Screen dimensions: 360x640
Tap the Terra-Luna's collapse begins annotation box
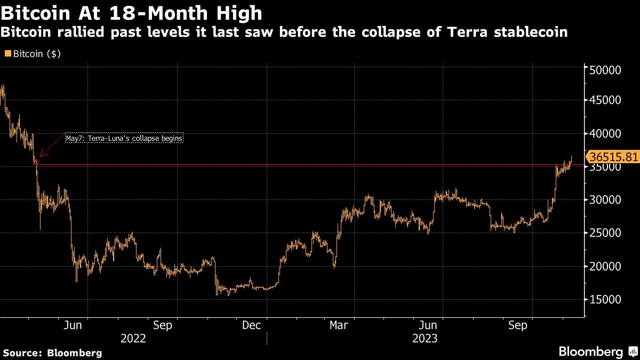click(124, 138)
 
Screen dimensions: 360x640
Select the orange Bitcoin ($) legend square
click(7, 54)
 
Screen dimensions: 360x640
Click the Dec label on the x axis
click(251, 325)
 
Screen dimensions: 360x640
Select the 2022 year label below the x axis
click(133, 338)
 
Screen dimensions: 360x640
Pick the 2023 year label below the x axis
click(425, 338)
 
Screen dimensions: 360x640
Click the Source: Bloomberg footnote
click(52, 353)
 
